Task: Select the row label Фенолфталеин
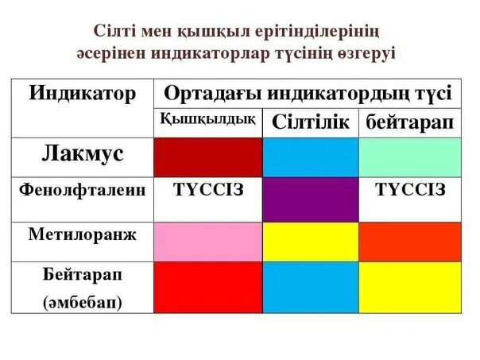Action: [82, 191]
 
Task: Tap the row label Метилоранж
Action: [83, 234]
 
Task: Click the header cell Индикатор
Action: [83, 94]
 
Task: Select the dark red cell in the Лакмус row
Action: [207, 157]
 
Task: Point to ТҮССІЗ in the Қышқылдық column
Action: [207, 190]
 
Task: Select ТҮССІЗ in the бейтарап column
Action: [410, 190]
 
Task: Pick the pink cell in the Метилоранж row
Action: [207, 242]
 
